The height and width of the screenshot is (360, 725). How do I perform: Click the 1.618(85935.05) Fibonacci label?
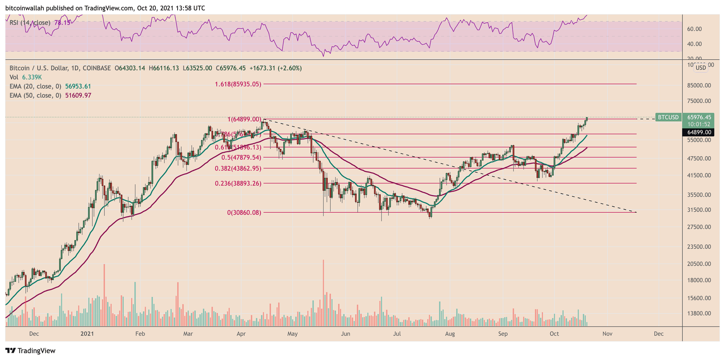click(237, 84)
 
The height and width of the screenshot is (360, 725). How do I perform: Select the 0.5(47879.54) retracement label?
click(241, 158)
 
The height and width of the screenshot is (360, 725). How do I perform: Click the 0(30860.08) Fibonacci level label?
click(244, 212)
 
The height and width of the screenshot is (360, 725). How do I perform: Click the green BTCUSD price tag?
click(668, 117)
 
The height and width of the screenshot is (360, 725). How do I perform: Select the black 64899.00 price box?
click(698, 132)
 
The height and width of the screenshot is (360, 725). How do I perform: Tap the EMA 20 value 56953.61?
click(78, 86)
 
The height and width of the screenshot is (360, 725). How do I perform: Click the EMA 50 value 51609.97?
click(78, 96)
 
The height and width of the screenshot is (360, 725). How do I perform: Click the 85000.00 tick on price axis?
click(698, 86)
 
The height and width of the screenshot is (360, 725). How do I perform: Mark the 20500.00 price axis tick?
click(698, 264)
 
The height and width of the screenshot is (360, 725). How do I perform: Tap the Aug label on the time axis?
click(449, 334)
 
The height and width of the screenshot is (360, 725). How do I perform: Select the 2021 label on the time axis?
click(87, 334)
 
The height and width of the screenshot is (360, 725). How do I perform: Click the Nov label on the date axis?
click(607, 334)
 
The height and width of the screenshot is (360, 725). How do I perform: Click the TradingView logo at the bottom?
click(30, 350)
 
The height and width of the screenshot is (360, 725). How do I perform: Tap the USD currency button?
click(701, 68)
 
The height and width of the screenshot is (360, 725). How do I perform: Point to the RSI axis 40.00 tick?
click(694, 44)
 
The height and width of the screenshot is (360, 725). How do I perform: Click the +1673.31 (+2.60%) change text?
click(275, 68)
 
